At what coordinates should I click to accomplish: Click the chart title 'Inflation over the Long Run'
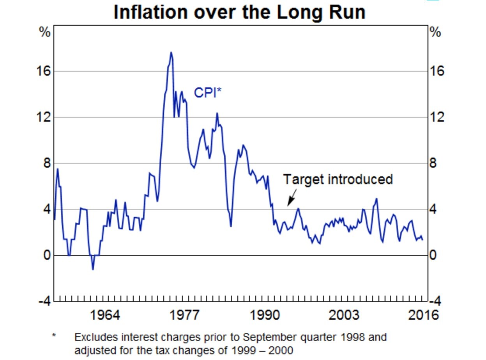pos(239,12)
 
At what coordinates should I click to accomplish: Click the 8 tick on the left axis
pos(47,163)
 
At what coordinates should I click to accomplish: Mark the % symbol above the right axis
pos(435,33)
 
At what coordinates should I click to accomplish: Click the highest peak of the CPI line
pos(171,52)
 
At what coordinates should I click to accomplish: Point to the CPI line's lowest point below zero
pos(93,269)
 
